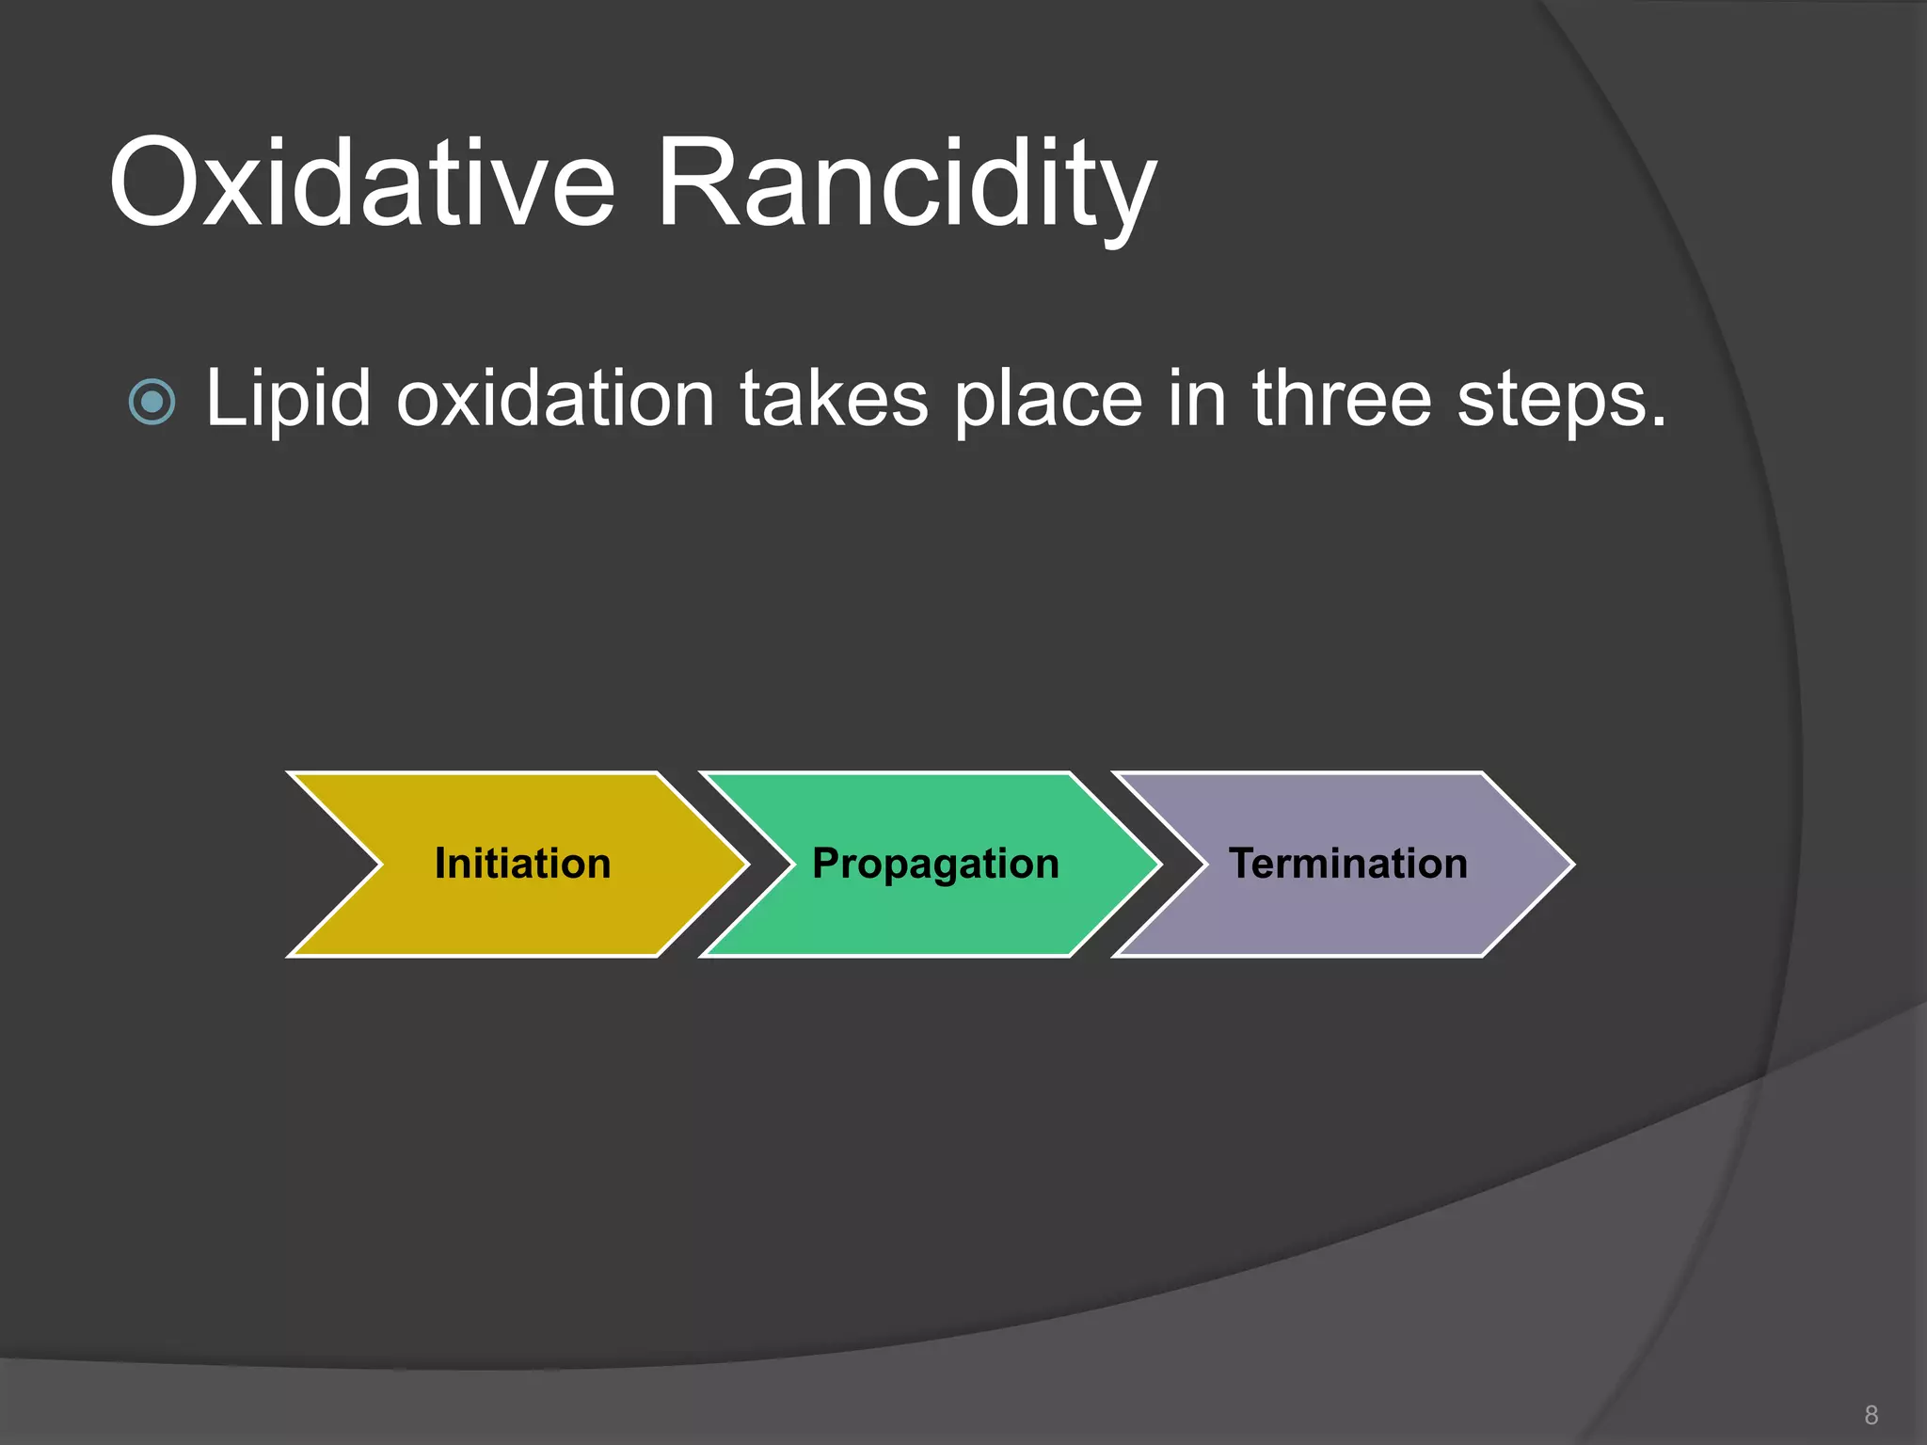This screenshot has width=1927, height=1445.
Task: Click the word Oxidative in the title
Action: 362,183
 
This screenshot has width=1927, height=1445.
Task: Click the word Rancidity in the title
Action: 905,183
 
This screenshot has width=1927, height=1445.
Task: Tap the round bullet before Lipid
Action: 151,402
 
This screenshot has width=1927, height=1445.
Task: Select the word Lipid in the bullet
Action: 288,400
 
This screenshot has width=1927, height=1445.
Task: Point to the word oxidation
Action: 556,400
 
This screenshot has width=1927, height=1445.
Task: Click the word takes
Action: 834,400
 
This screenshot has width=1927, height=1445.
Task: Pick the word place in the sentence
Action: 1048,400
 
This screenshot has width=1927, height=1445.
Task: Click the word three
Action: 1343,400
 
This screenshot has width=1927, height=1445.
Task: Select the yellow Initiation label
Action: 522,864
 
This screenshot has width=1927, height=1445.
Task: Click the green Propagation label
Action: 935,864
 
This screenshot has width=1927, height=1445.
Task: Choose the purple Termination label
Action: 1347,864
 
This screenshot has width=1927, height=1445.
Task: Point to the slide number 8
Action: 1871,1415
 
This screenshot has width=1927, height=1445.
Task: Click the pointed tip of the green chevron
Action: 1157,864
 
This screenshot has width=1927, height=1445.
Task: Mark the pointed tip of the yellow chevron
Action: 745,864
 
